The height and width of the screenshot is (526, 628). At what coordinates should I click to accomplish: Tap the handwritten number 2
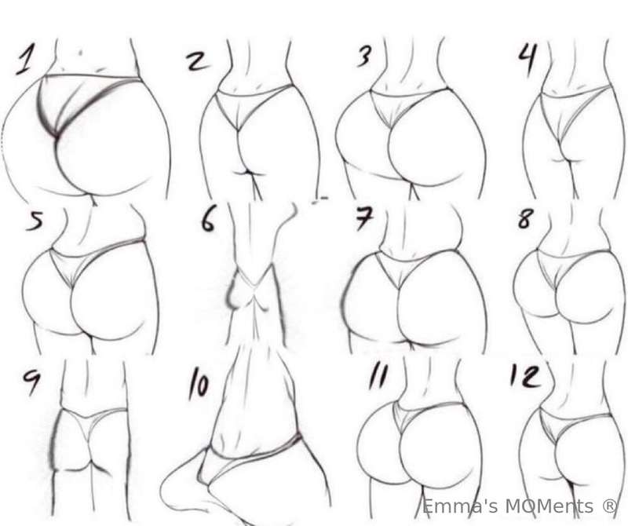[x=198, y=62]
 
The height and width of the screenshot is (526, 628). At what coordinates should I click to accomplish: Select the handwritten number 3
[x=364, y=55]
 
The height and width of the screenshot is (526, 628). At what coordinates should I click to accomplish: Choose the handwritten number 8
[x=525, y=218]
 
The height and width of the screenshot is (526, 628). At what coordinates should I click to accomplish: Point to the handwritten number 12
[x=525, y=376]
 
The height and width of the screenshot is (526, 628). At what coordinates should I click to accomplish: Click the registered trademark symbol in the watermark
[x=610, y=506]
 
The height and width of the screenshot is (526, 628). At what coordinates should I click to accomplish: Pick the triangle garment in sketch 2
[x=248, y=105]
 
